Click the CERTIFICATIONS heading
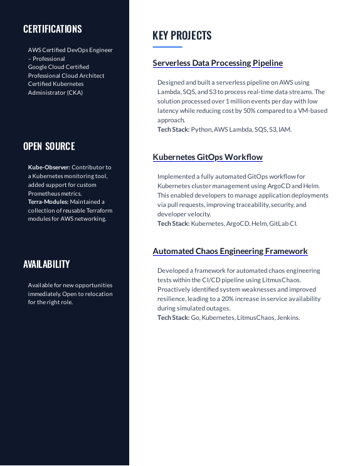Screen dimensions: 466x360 53,29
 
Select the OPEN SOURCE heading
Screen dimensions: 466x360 49,146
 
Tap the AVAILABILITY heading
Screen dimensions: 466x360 46,264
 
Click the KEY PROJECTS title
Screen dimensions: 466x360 182,36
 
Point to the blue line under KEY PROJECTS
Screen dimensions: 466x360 167,47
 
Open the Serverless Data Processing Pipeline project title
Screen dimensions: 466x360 218,63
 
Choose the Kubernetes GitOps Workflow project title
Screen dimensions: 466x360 208,157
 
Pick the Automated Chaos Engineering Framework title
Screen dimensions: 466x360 230,252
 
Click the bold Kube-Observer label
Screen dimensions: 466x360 49,167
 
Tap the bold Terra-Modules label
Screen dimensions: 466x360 48,202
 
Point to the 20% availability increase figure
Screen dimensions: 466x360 230,299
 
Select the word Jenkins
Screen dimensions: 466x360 288,318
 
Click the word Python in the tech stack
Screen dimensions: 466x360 201,130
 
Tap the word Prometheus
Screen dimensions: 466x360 45,194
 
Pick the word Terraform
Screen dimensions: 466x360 97,211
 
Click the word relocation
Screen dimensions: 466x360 97,294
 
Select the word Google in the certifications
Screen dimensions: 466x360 40,67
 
